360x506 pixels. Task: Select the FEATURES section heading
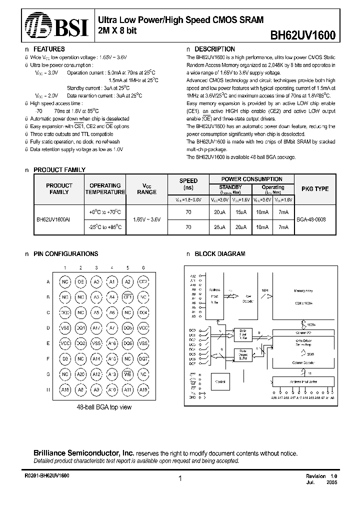point(48,49)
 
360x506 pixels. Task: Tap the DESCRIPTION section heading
point(214,49)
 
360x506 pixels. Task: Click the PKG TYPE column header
point(315,189)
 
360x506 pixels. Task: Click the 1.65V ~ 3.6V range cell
point(147,219)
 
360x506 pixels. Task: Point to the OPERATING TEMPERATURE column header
point(105,188)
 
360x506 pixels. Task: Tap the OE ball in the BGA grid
point(81,281)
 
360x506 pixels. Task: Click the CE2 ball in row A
point(143,281)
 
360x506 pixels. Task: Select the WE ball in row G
point(127,374)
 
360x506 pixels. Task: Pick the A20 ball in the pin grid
point(81,374)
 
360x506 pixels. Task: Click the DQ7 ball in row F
point(143,358)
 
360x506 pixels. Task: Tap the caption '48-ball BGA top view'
point(104,407)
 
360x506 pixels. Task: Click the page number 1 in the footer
point(180,478)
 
